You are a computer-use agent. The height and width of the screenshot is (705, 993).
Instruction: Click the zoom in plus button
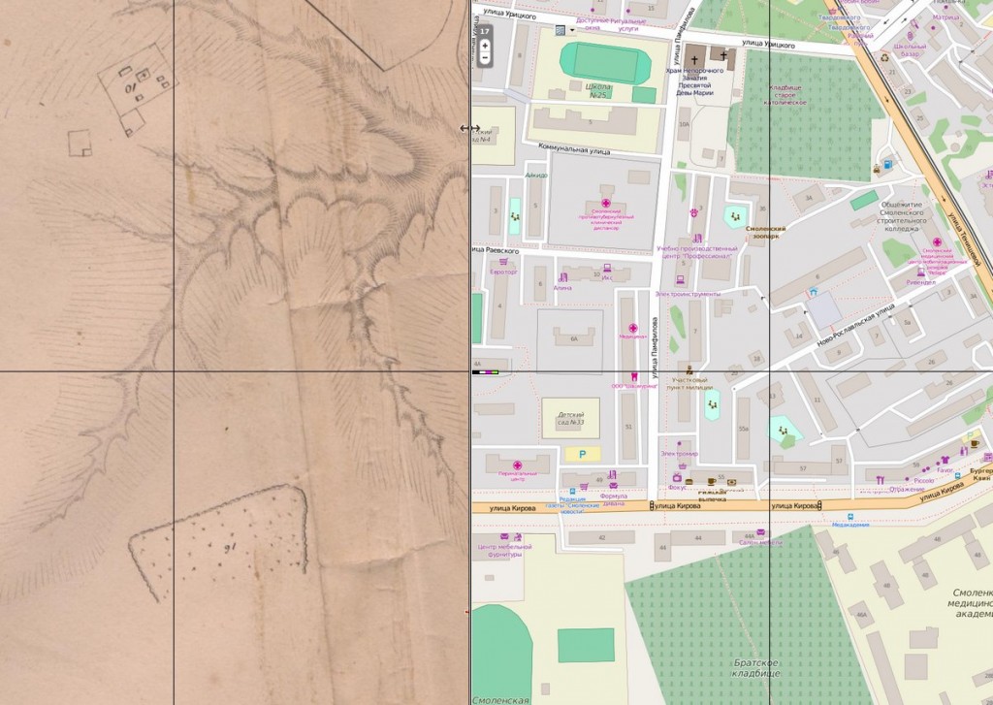tap(485, 45)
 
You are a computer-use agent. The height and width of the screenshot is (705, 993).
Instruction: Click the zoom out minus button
tap(485, 57)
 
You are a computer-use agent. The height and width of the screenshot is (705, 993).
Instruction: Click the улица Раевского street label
tap(495, 250)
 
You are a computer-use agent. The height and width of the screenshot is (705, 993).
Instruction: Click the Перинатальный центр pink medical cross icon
tap(517, 465)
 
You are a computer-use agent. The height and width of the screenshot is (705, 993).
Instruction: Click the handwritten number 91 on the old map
tap(231, 549)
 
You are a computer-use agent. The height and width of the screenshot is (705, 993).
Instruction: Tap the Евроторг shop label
tap(504, 272)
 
